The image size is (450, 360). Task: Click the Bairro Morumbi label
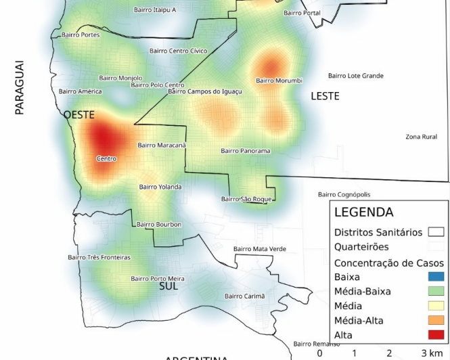point(279,81)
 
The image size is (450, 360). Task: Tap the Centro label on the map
point(106,159)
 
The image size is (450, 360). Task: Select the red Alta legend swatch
point(436,335)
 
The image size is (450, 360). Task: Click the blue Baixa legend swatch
point(436,277)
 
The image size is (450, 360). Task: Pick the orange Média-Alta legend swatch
point(436,320)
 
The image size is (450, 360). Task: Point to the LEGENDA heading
point(363,212)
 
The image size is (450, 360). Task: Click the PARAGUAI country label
point(19,87)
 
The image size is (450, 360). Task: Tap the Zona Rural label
point(421,137)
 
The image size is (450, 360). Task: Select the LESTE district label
point(325,97)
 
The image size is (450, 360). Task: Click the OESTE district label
point(78,115)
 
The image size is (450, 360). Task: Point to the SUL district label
point(168,287)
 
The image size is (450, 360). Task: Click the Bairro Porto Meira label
point(158,278)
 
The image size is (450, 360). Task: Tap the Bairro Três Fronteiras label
point(99,257)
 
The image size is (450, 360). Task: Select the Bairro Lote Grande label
point(356,76)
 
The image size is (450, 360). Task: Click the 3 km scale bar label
point(431,353)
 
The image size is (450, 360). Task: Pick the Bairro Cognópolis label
point(344,195)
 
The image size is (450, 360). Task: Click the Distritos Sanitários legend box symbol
point(436,232)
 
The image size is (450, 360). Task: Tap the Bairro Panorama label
point(245,151)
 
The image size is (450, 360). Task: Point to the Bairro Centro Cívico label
point(178,51)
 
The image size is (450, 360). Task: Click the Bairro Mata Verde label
point(260,249)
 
